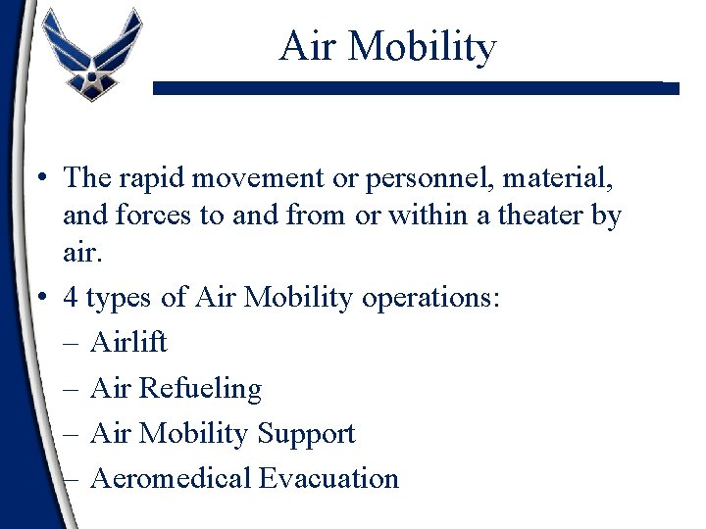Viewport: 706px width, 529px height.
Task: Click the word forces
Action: click(158, 215)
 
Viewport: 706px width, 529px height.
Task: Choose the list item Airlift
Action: click(128, 342)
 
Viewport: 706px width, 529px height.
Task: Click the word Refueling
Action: click(200, 388)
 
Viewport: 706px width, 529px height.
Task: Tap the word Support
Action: click(306, 433)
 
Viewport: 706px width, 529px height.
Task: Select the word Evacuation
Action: click(328, 478)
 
